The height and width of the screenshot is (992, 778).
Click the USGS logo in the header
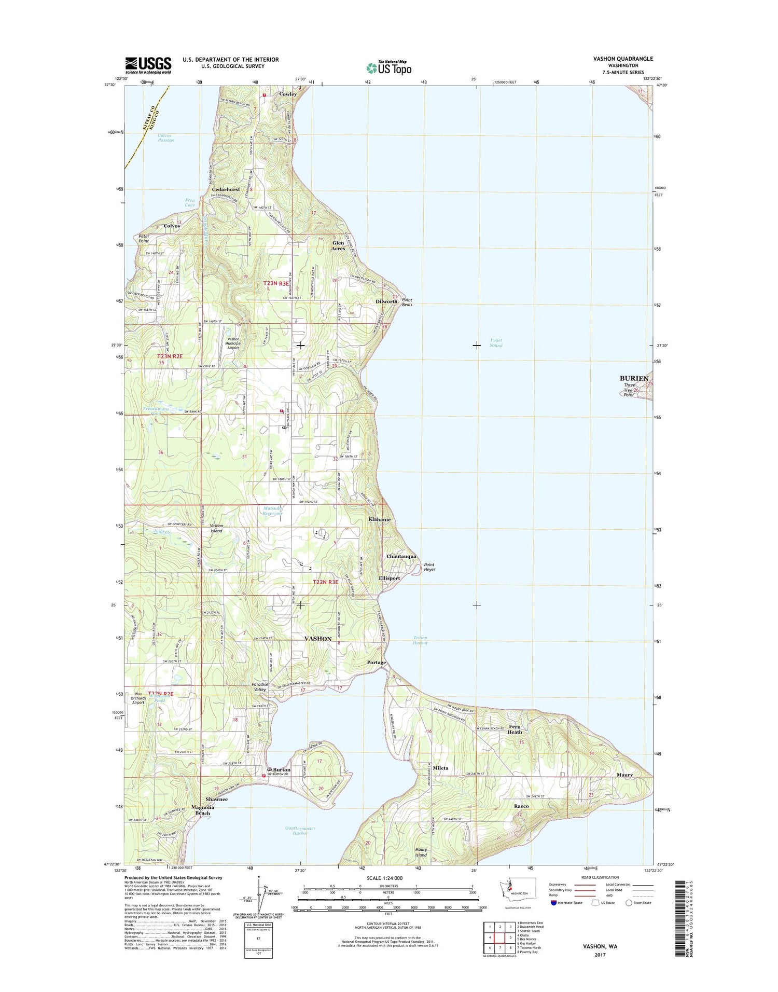(148, 65)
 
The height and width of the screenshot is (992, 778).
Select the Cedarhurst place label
(226, 190)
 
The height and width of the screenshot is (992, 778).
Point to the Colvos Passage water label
(166, 138)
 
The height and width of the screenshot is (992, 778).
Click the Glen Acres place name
(338, 245)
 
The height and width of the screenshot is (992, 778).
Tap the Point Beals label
(407, 302)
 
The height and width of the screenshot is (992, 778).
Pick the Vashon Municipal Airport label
(233, 343)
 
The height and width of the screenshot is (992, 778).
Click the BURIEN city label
(634, 378)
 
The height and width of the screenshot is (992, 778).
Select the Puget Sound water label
(496, 343)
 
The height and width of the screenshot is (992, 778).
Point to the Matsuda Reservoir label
(272, 511)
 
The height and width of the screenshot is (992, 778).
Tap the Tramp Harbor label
(420, 640)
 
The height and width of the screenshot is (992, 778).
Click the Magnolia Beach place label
(202, 810)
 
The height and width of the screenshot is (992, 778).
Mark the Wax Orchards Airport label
(138, 698)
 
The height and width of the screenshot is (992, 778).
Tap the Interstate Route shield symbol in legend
(554, 903)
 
